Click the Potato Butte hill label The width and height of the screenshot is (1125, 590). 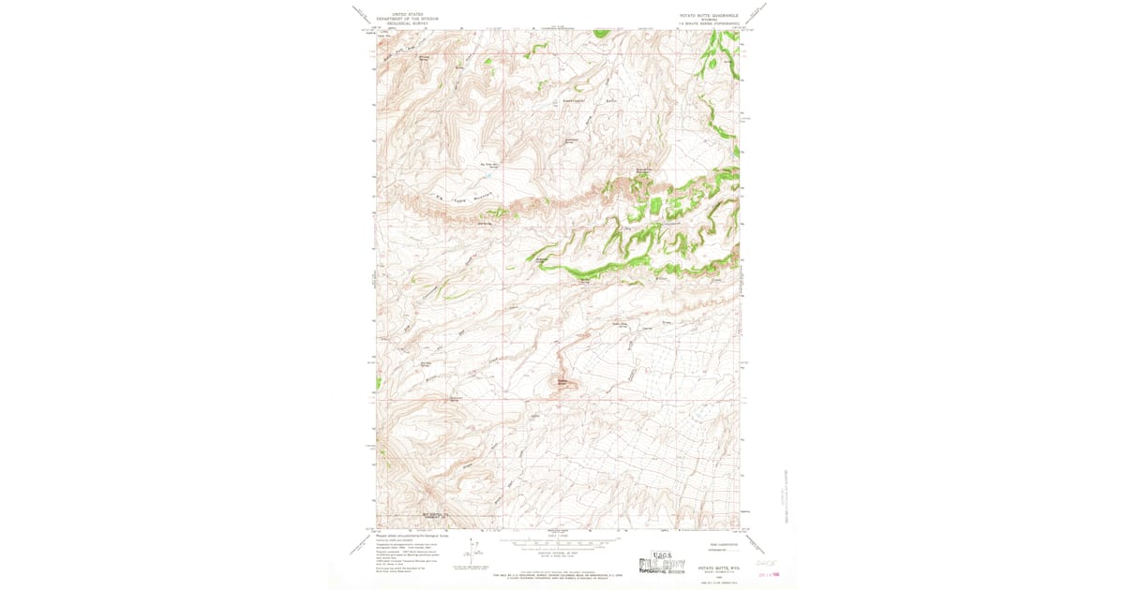(x=562, y=381)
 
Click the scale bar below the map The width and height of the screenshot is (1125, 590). (x=559, y=541)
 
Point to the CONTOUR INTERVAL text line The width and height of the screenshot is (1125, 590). (x=559, y=550)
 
